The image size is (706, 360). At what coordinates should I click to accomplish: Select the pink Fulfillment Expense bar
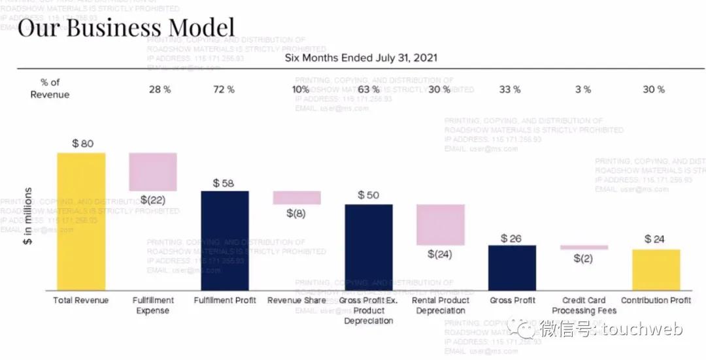pyautogui.click(x=153, y=171)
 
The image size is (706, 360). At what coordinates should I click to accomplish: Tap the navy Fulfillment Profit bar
pyautogui.click(x=225, y=240)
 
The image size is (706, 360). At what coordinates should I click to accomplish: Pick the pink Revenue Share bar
pyautogui.click(x=297, y=197)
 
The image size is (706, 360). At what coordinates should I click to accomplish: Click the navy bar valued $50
pyautogui.click(x=369, y=246)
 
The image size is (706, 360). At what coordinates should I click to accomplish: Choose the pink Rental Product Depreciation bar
pyautogui.click(x=441, y=225)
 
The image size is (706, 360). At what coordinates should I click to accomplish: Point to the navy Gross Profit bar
pyautogui.click(x=512, y=267)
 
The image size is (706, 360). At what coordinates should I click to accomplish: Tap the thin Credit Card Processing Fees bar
pyautogui.click(x=584, y=247)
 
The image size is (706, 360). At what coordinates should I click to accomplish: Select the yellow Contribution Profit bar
pyautogui.click(x=656, y=269)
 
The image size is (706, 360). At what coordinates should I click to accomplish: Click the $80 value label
pyautogui.click(x=83, y=143)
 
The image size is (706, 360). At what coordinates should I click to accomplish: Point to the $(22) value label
pyautogui.click(x=153, y=200)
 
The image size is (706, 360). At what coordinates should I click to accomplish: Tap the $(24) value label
pyautogui.click(x=440, y=254)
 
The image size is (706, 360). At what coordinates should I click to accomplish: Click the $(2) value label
pyautogui.click(x=583, y=258)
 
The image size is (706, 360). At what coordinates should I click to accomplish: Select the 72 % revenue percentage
pyautogui.click(x=224, y=90)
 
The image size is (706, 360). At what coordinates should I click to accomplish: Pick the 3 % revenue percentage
pyautogui.click(x=583, y=90)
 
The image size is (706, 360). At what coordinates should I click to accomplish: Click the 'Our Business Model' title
pyautogui.click(x=126, y=28)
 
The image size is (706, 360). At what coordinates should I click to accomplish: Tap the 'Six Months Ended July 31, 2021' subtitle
pyautogui.click(x=361, y=57)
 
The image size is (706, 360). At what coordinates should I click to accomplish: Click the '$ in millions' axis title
pyautogui.click(x=28, y=216)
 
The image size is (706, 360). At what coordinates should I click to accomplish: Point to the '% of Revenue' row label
pyautogui.click(x=50, y=88)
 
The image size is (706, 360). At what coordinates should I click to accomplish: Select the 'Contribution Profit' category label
pyautogui.click(x=656, y=301)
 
